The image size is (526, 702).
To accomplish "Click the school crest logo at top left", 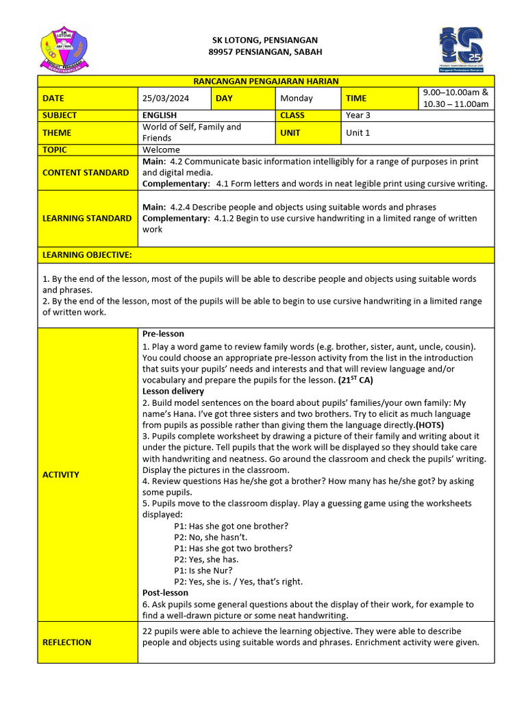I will (66, 47).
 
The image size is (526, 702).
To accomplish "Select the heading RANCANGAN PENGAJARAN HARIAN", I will (266, 81).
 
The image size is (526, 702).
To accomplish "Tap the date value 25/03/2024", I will (166, 98).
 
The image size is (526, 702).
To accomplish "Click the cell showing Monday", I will (297, 98).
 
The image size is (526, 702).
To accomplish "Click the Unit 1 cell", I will (358, 132).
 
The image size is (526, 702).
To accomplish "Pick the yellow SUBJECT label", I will (60, 115).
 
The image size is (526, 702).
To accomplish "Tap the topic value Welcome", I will (162, 149).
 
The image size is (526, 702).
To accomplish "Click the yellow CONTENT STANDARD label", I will (86, 172).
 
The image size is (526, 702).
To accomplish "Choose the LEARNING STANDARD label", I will (87, 218).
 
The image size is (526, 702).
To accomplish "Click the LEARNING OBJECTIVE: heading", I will (87, 255).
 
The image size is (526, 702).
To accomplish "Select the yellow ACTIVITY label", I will (61, 474).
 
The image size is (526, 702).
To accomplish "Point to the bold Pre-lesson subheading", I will (163, 334).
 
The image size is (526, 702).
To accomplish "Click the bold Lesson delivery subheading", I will (173, 391).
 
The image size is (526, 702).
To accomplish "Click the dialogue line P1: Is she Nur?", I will (203, 570).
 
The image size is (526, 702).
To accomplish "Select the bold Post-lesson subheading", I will (165, 592).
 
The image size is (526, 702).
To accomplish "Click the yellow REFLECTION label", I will (66, 642).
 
